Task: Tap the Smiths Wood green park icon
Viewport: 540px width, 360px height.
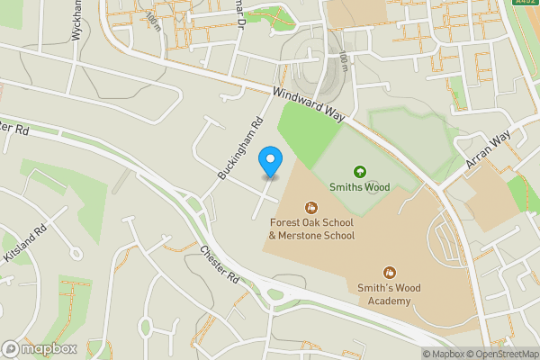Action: tap(360, 171)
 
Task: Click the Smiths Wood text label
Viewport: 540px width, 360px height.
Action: tap(360, 188)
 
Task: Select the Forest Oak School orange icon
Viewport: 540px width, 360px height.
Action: tap(312, 207)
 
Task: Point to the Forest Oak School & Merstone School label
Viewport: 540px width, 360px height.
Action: tap(311, 229)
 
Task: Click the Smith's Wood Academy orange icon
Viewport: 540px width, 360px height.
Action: tap(390, 272)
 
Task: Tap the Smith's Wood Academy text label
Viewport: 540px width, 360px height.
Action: tap(390, 293)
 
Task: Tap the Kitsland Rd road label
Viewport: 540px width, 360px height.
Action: tap(24, 244)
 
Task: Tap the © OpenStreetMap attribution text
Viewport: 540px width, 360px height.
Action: tap(500, 354)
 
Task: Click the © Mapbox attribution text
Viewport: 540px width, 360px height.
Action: tap(441, 354)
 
